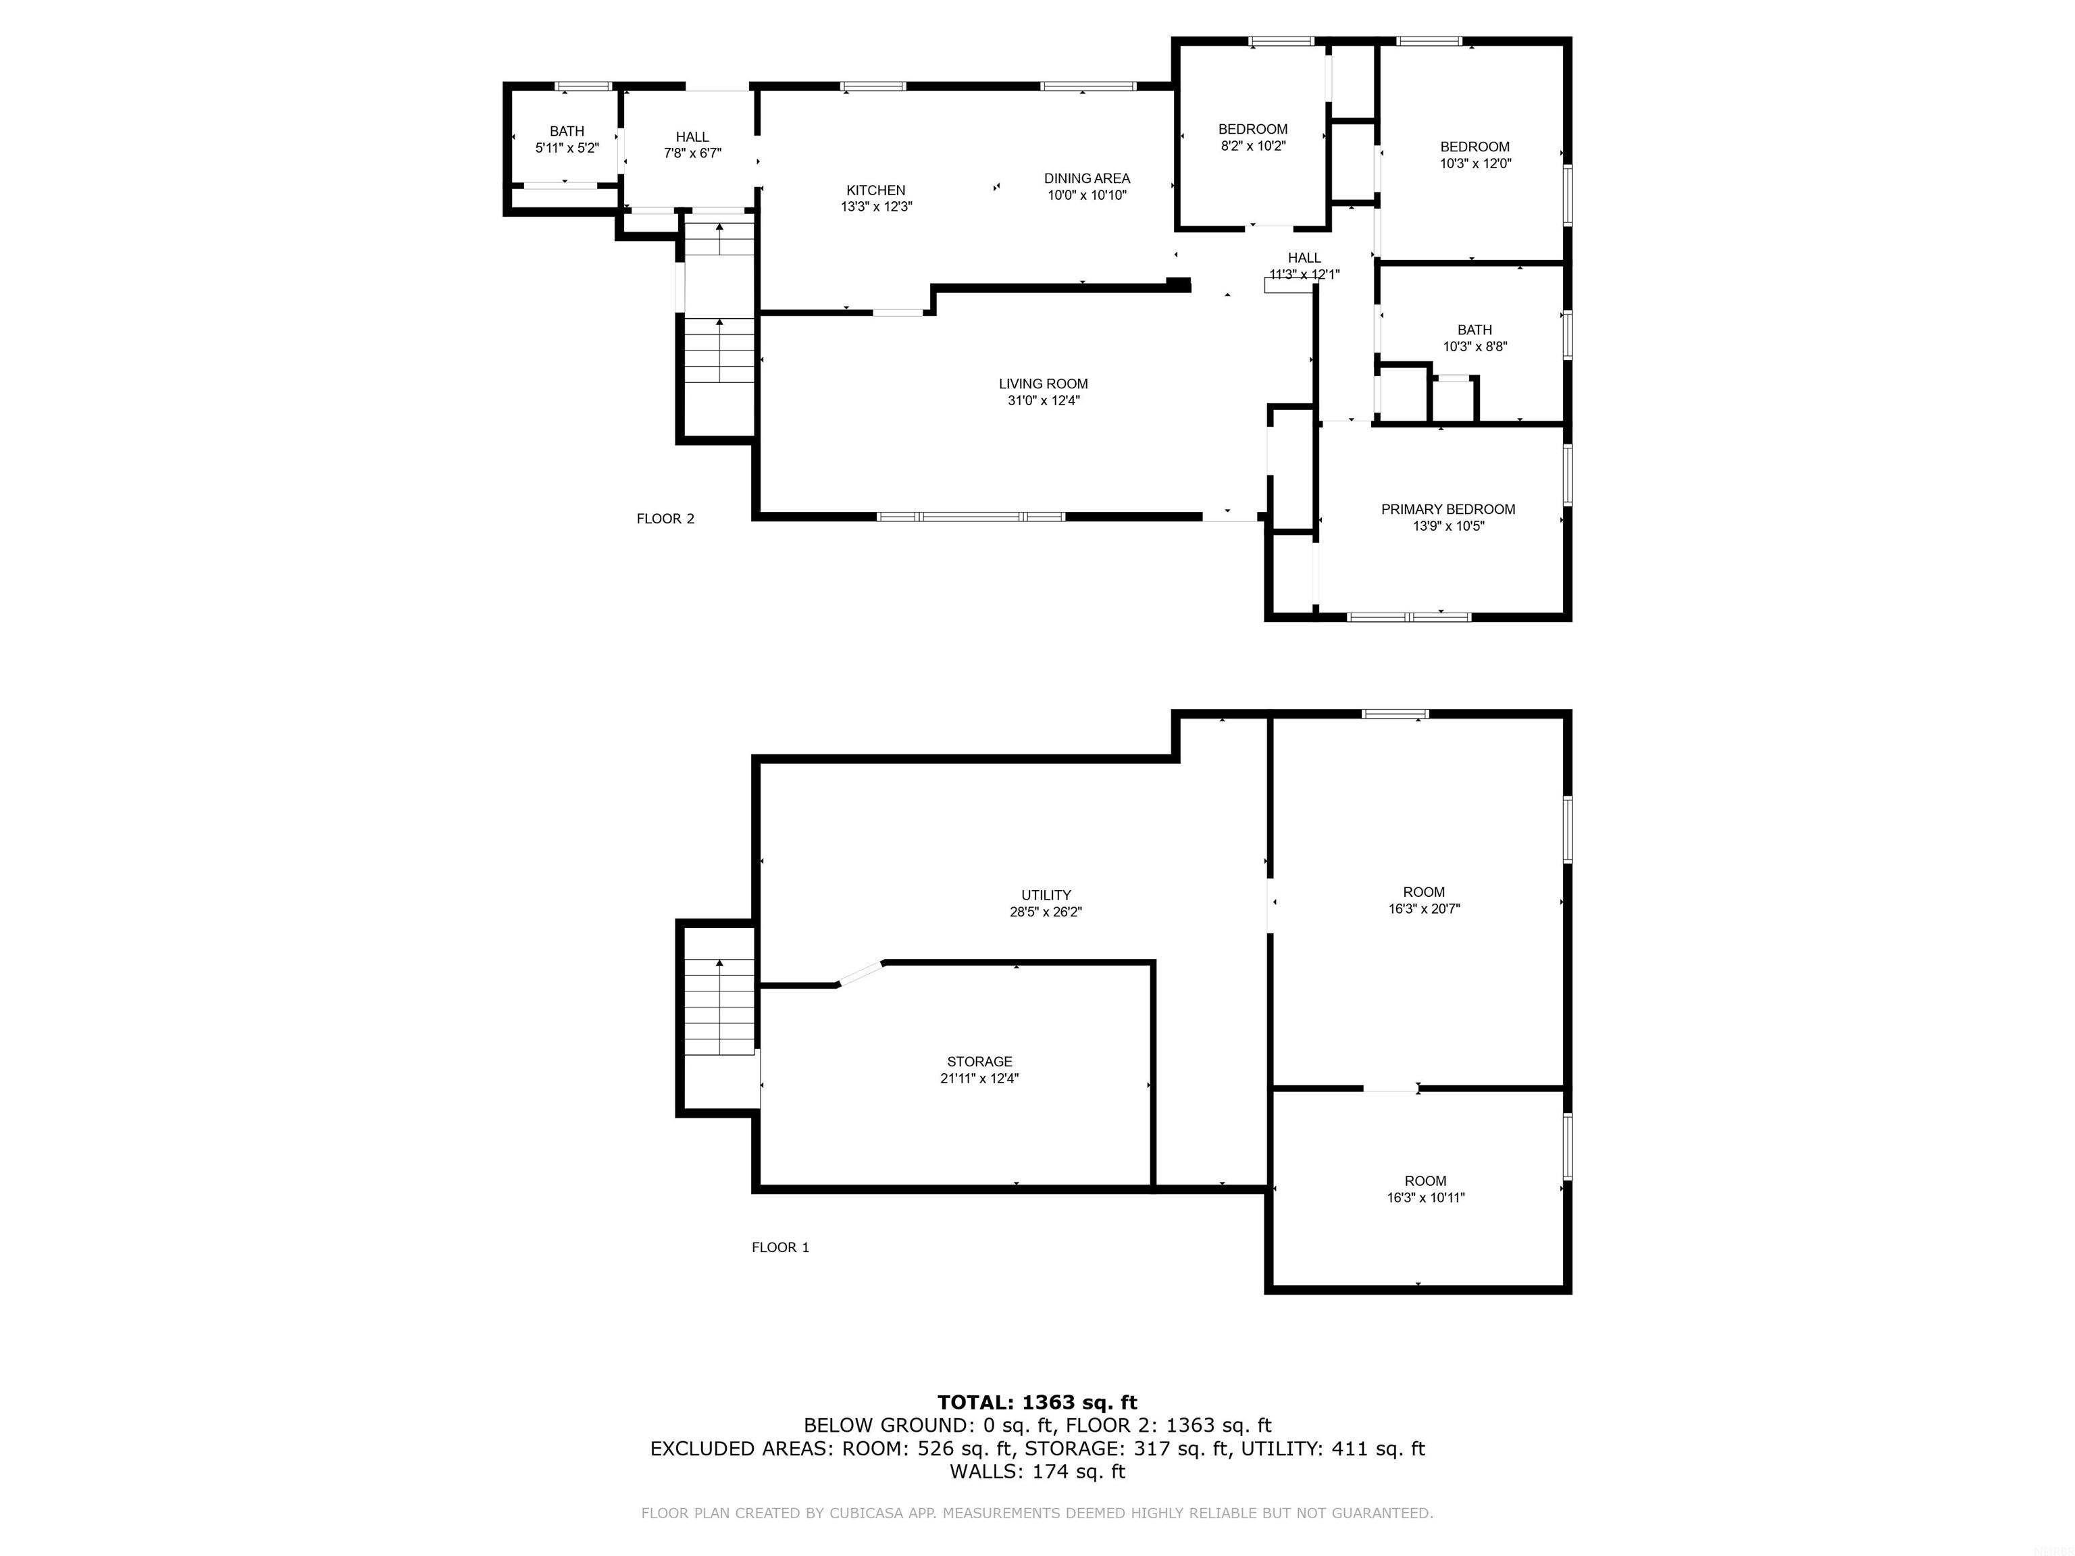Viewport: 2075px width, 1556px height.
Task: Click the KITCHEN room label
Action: coord(875,190)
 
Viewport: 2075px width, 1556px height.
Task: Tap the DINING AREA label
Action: coord(1087,178)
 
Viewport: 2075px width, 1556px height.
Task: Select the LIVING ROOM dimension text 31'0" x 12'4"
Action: coord(1043,400)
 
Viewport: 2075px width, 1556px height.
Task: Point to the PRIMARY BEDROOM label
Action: coord(1448,509)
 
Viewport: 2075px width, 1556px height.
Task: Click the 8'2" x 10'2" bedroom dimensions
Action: coord(1253,147)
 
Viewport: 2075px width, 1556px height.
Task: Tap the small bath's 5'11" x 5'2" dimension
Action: coord(567,148)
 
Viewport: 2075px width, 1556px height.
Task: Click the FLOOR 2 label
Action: coord(666,519)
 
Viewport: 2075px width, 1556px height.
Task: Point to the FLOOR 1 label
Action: coord(780,1247)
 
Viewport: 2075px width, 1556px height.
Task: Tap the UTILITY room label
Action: coord(1046,895)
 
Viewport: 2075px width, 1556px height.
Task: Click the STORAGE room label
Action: coord(979,1062)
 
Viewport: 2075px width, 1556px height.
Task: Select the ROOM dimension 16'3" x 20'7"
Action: coord(1424,909)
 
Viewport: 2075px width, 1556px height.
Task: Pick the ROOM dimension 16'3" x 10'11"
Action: coord(1425,1197)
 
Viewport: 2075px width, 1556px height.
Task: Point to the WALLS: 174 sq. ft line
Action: coord(1037,1472)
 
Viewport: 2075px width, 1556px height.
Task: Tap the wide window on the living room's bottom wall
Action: coord(971,517)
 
